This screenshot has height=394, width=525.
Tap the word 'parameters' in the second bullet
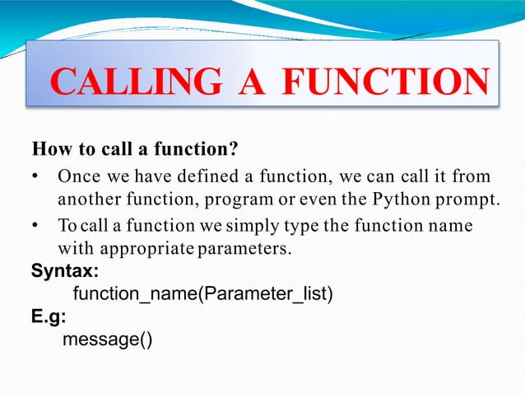coord(244,248)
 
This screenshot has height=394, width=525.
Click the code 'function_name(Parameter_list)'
coord(203,294)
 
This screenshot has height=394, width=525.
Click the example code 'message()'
coord(108,340)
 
